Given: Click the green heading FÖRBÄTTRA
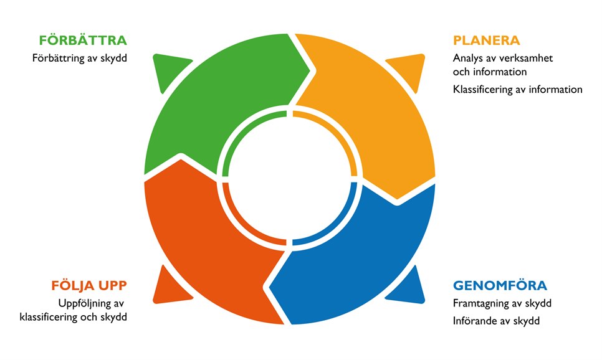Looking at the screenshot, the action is (83, 40).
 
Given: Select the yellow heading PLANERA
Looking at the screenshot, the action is (487, 40).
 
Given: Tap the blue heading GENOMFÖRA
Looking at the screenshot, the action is (500, 285).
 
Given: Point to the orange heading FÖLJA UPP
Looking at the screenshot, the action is (89, 285).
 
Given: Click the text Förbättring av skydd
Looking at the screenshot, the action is (80, 59).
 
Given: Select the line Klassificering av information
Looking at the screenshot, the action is (517, 90).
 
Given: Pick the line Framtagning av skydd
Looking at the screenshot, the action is (502, 303).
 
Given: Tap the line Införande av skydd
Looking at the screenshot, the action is (497, 321).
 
